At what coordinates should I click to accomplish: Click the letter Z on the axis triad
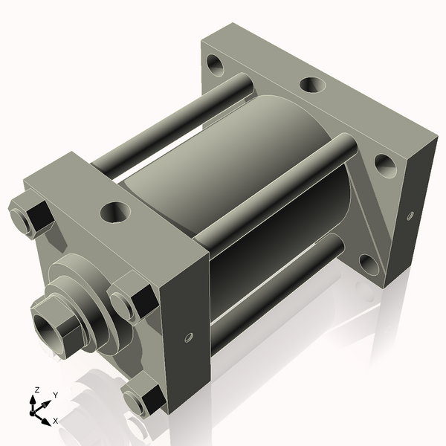tap(36, 390)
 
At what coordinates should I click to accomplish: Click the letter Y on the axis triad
tap(55, 395)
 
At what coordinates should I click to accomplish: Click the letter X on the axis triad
tap(56, 421)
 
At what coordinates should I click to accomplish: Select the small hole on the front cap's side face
tap(188, 338)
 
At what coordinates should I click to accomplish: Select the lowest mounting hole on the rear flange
tap(368, 262)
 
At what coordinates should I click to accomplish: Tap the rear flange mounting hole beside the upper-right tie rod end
tap(384, 163)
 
